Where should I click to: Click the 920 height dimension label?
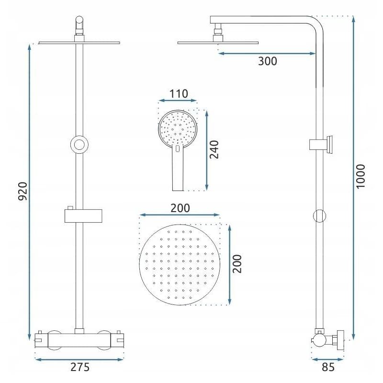click(23, 191)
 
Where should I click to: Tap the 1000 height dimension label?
click(360, 176)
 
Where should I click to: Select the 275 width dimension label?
click(80, 367)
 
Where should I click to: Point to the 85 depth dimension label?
click(328, 367)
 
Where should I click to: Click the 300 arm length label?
click(268, 61)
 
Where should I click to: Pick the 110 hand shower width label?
click(179, 93)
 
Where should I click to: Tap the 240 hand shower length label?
click(214, 149)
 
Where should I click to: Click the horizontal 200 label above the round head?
click(180, 208)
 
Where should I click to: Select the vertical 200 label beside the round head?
click(237, 264)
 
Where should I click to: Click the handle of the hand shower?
click(178, 169)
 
